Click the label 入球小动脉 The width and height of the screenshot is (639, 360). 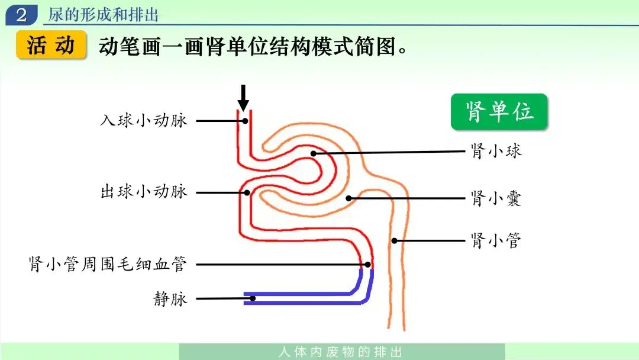click(143, 120)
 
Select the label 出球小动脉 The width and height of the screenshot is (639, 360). click(143, 191)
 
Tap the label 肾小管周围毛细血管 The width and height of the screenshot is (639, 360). click(108, 264)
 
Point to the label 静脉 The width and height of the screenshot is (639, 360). click(170, 299)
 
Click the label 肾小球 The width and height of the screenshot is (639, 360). click(496, 151)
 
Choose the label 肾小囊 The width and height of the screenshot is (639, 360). click(496, 198)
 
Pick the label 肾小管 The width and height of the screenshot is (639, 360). click(496, 240)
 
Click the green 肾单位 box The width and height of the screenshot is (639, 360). click(499, 112)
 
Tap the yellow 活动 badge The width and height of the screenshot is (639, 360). click(51, 45)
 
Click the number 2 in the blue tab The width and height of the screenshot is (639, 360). click(21, 15)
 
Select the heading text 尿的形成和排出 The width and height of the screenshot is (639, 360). click(103, 15)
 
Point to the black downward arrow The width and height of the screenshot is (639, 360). click(243, 98)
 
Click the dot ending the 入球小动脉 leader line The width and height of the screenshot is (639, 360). click(245, 121)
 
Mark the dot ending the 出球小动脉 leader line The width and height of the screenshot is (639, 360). click(247, 192)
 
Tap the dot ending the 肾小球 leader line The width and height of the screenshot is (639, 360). click(313, 154)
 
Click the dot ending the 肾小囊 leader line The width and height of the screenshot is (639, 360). click(348, 198)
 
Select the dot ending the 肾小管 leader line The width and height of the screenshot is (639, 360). click(394, 240)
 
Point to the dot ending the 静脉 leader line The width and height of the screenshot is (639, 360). click(253, 298)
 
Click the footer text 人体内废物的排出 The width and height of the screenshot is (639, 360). click(341, 352)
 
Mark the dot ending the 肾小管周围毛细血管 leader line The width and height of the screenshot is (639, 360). click(367, 265)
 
